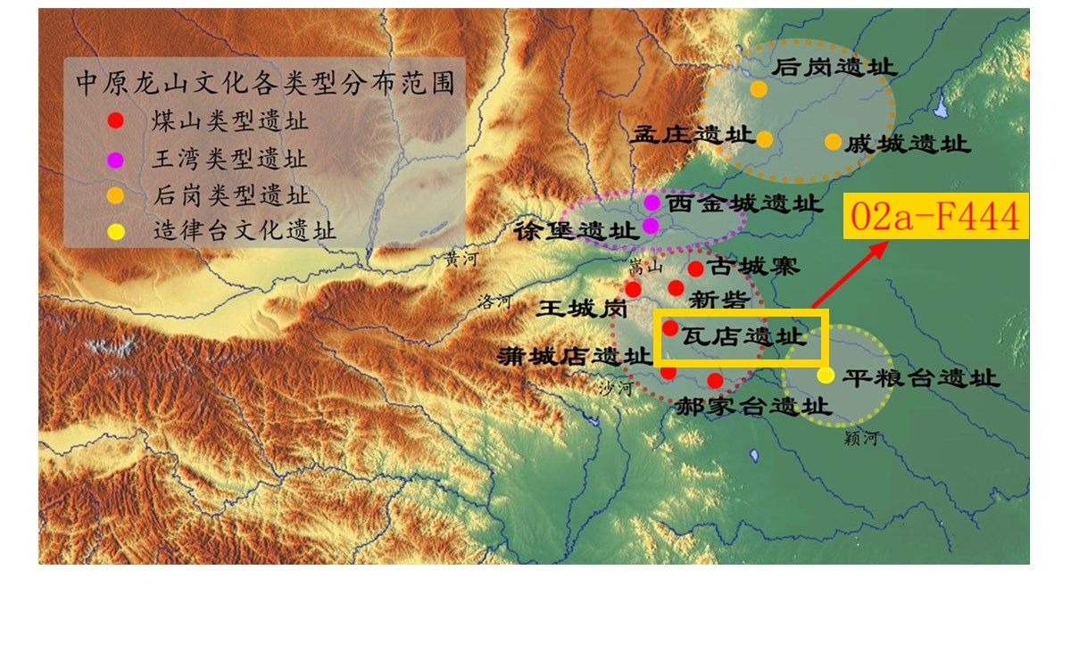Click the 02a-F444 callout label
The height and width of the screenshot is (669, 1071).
coord(935,217)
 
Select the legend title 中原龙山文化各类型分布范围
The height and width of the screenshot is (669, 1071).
coord(265,83)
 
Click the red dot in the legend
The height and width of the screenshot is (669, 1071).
coord(115,120)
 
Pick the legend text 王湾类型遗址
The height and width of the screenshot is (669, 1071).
coord(229,160)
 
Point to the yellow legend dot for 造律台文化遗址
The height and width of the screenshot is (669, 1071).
coord(115,232)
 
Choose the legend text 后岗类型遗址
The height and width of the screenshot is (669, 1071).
coord(230,196)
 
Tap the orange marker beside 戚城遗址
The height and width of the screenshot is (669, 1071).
coord(832,141)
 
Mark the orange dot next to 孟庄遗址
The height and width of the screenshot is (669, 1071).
coord(764,138)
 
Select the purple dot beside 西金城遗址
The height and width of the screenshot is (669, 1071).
coord(652,202)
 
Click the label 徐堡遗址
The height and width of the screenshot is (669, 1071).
coord(576,230)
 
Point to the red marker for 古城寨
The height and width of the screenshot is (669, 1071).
coord(695,268)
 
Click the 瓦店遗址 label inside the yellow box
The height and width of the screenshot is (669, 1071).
coord(743,336)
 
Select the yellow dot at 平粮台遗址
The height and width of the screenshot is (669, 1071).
coord(826,376)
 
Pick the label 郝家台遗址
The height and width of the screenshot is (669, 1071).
coord(752,407)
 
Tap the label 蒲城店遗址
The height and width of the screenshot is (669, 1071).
coord(574,356)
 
